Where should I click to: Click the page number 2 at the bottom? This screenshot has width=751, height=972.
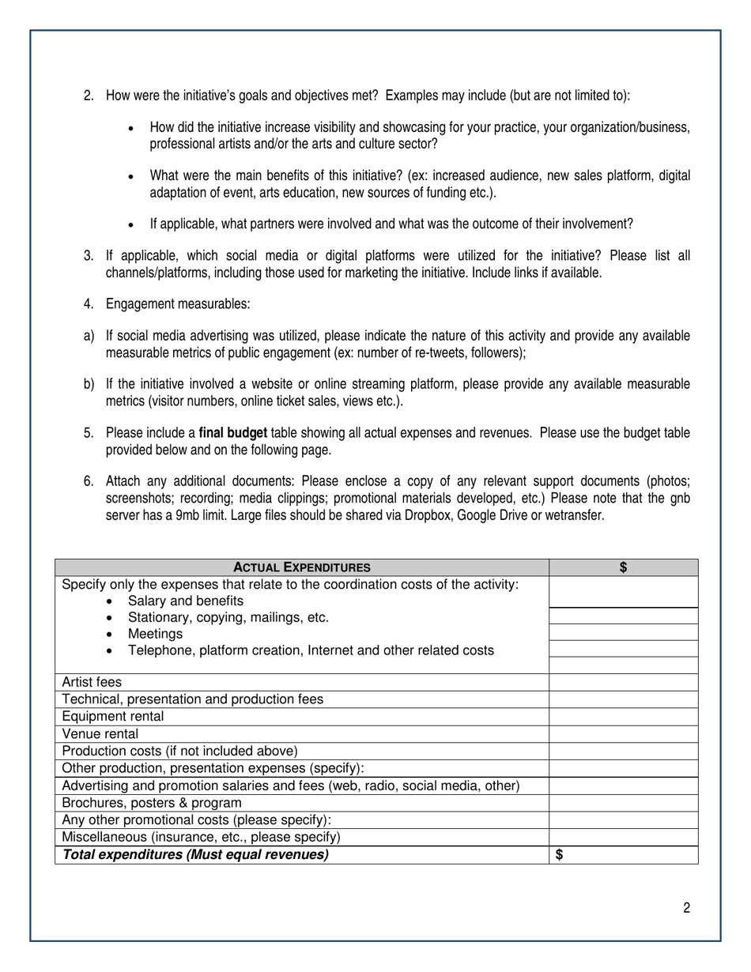686,908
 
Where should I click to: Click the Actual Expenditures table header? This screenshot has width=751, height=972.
302,567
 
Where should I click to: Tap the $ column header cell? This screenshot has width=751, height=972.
623,567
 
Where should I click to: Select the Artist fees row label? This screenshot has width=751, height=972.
92,682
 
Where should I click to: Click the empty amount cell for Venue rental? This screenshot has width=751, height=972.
623,733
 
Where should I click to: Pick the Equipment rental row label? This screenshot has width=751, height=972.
113,717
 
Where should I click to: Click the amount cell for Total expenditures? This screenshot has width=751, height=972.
623,855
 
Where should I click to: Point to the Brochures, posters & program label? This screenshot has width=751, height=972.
152,803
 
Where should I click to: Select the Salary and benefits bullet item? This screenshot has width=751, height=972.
186,601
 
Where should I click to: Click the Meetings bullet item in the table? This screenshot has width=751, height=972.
155,634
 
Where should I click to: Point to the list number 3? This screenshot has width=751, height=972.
89,256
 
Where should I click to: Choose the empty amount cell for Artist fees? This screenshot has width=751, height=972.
623,682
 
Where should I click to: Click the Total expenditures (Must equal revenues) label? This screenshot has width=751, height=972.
195,855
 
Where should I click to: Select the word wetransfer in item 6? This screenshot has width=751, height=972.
576,516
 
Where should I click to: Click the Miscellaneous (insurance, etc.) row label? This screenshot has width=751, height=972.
201,837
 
